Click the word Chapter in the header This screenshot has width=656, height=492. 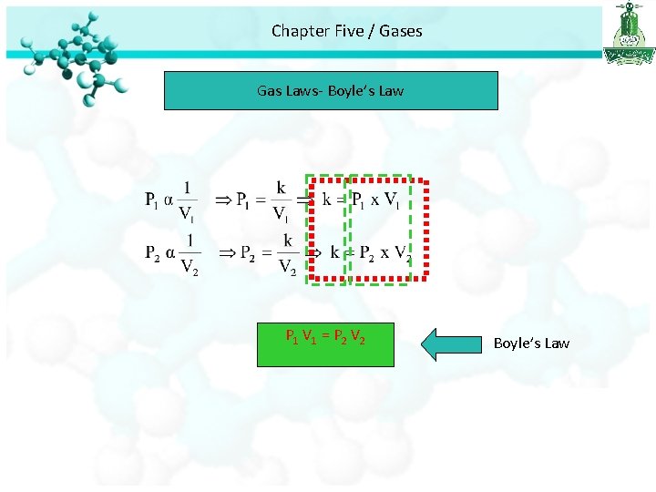point(300,31)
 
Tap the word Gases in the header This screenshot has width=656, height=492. point(401,31)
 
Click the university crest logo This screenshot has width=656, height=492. point(628,34)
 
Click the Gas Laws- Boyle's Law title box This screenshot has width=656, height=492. point(331,91)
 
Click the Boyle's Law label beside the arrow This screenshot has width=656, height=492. point(531,343)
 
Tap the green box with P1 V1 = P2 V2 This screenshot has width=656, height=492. point(325,343)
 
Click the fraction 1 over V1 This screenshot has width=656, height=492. point(186,201)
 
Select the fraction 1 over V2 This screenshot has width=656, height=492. point(190,255)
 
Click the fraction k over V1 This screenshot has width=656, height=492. point(282,201)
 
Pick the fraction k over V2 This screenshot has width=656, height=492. point(287,255)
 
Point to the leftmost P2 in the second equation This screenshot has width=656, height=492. point(154,253)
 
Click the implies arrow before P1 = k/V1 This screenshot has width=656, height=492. point(221,200)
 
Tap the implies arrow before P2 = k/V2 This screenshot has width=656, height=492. point(226,252)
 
